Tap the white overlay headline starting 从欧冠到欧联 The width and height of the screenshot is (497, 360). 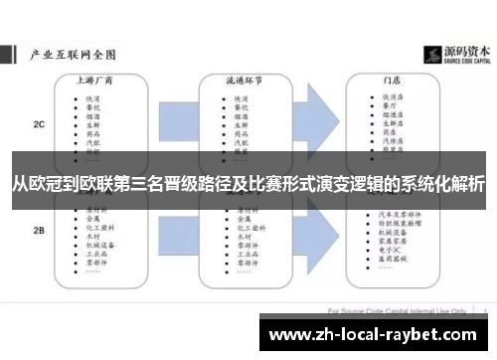[x=248, y=184]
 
